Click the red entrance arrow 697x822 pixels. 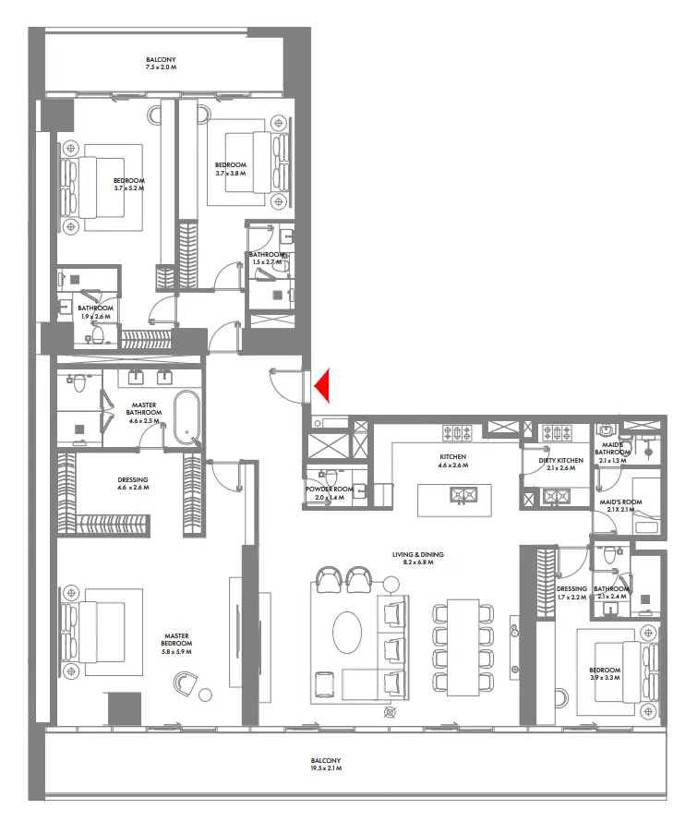tap(323, 385)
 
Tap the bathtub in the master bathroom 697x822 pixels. tap(188, 417)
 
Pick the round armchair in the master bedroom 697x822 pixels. tap(184, 685)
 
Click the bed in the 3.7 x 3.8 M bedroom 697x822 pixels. tap(242, 163)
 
